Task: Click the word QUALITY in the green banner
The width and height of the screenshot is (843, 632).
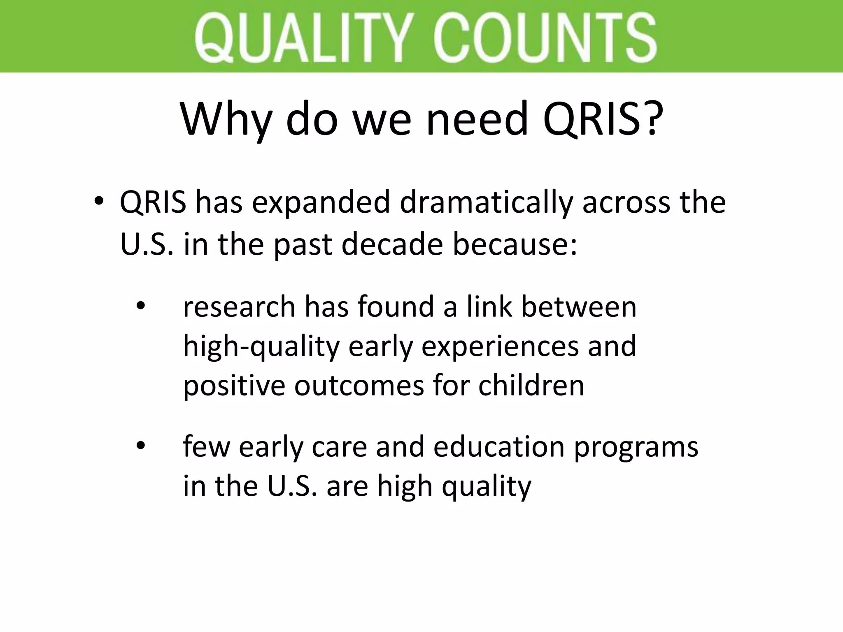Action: [x=304, y=37]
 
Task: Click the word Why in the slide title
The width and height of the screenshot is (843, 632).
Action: [x=226, y=120]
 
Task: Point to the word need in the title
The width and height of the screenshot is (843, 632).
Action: [x=477, y=120]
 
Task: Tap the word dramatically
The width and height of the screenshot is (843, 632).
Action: [x=486, y=203]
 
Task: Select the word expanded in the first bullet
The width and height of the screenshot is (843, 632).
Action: [x=321, y=203]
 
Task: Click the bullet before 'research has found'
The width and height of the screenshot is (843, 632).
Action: [x=141, y=307]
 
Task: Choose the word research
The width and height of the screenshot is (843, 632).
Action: [x=239, y=307]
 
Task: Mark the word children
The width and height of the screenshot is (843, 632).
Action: [x=531, y=386]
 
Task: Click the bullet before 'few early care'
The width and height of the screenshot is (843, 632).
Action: [x=141, y=446]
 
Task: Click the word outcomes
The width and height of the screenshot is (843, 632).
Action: [x=359, y=386]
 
